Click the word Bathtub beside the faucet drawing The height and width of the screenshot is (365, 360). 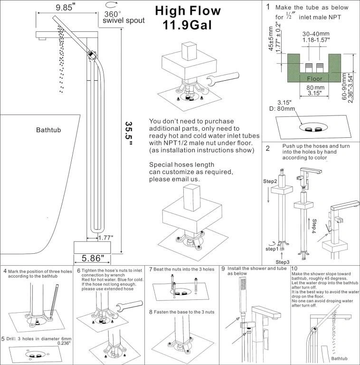(x=50, y=130)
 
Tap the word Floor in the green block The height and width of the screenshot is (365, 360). (x=314, y=78)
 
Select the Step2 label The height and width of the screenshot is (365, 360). (x=271, y=181)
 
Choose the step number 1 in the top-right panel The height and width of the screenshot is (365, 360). (x=268, y=7)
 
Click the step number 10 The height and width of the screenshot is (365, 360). (x=294, y=269)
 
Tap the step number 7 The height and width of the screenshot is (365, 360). (x=151, y=269)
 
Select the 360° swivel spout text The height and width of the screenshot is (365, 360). (x=124, y=17)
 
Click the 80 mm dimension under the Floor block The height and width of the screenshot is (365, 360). (x=315, y=88)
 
